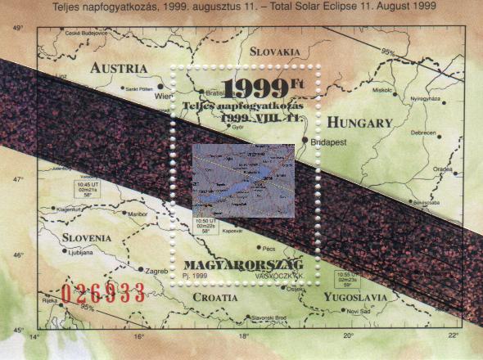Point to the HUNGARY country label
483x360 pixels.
tap(361, 123)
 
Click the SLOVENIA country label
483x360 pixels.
tap(87, 237)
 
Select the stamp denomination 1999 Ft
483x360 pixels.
tap(261, 87)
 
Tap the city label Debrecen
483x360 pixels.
tap(423, 133)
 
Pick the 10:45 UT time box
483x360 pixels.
tap(86, 190)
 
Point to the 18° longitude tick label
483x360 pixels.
tap(243, 335)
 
